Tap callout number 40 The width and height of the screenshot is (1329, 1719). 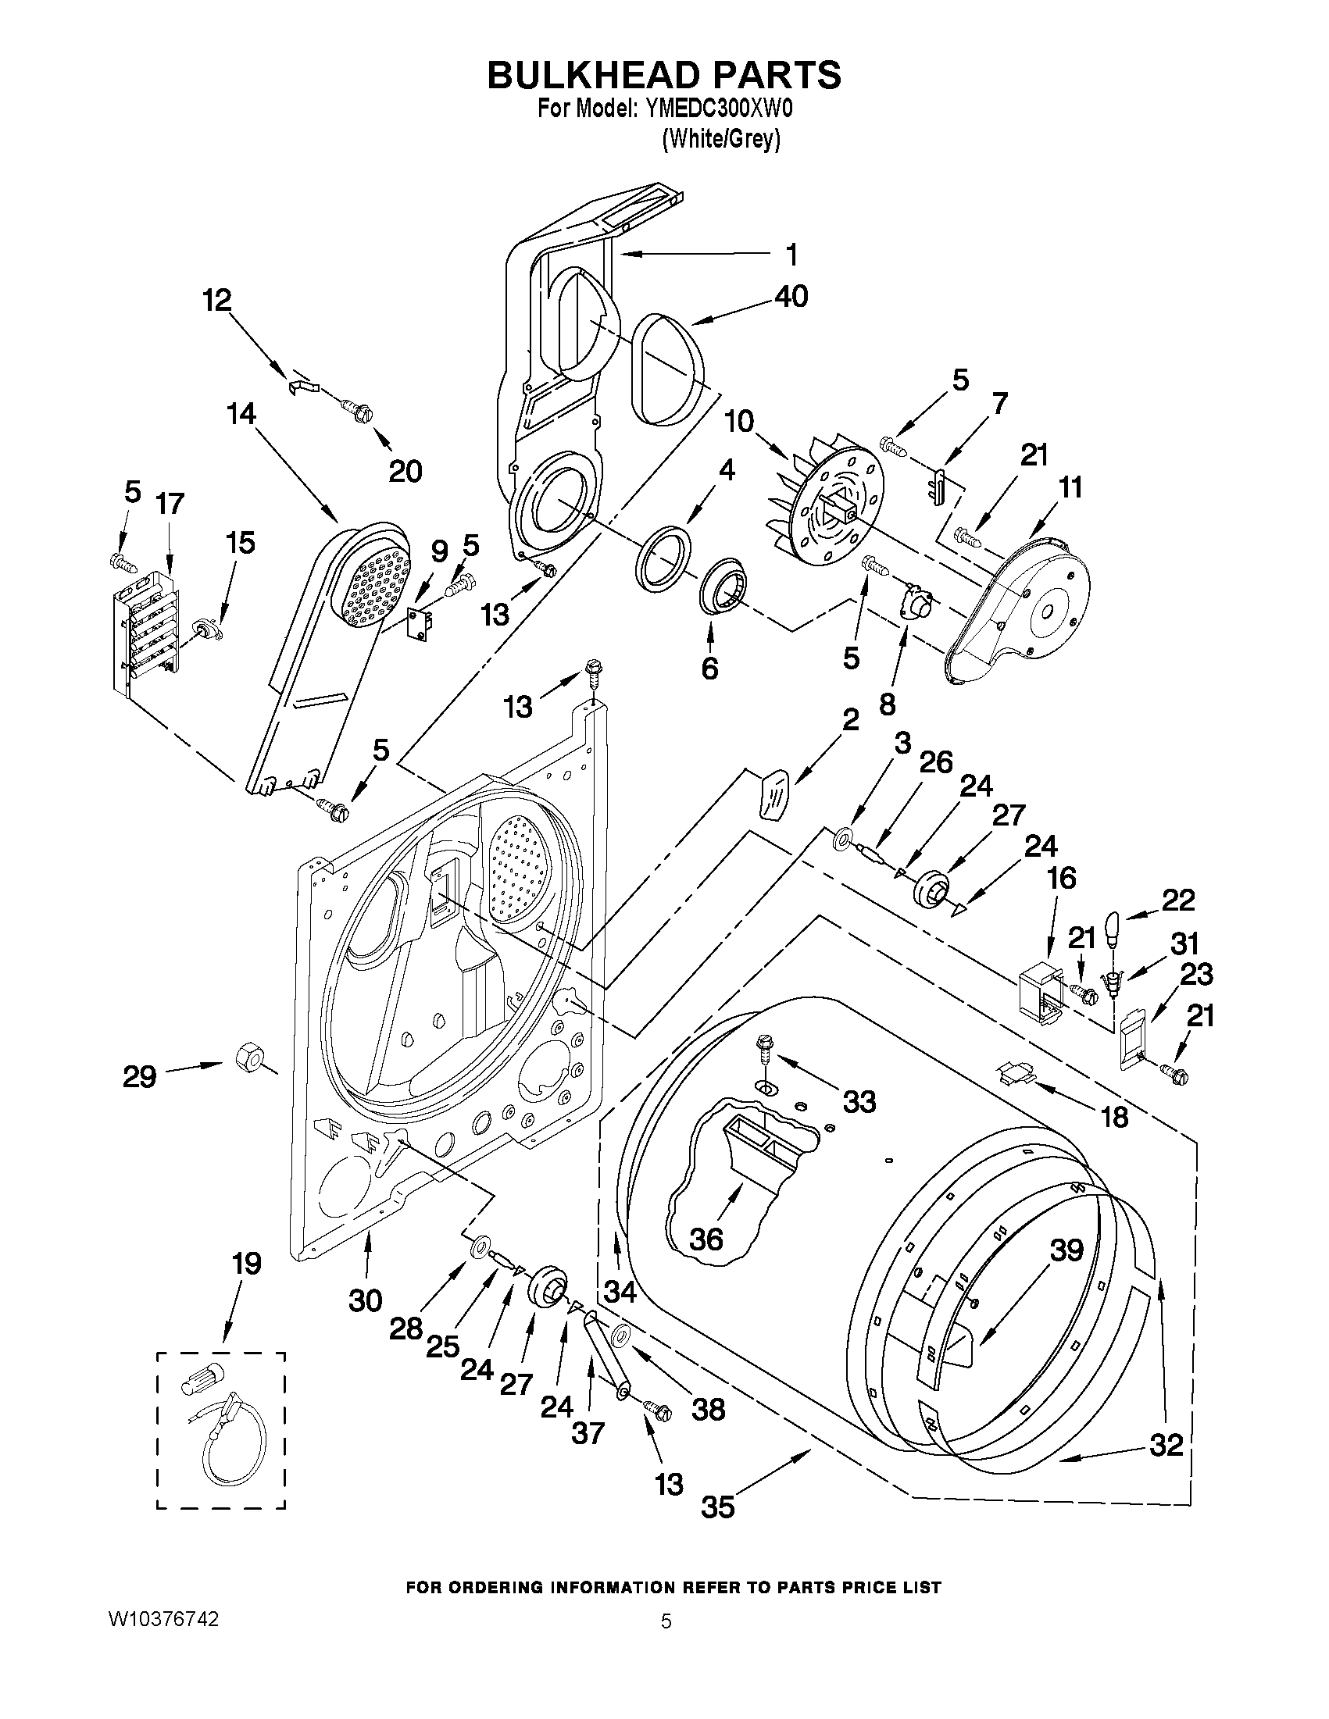point(791,297)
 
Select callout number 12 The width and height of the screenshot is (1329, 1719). point(217,300)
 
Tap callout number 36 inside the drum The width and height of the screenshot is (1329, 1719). point(706,1239)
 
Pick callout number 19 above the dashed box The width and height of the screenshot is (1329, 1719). point(245,1263)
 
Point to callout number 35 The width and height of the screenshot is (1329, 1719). point(717,1506)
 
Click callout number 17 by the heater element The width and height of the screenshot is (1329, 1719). point(170,504)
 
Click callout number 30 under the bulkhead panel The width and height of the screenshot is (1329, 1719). point(366,1300)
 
